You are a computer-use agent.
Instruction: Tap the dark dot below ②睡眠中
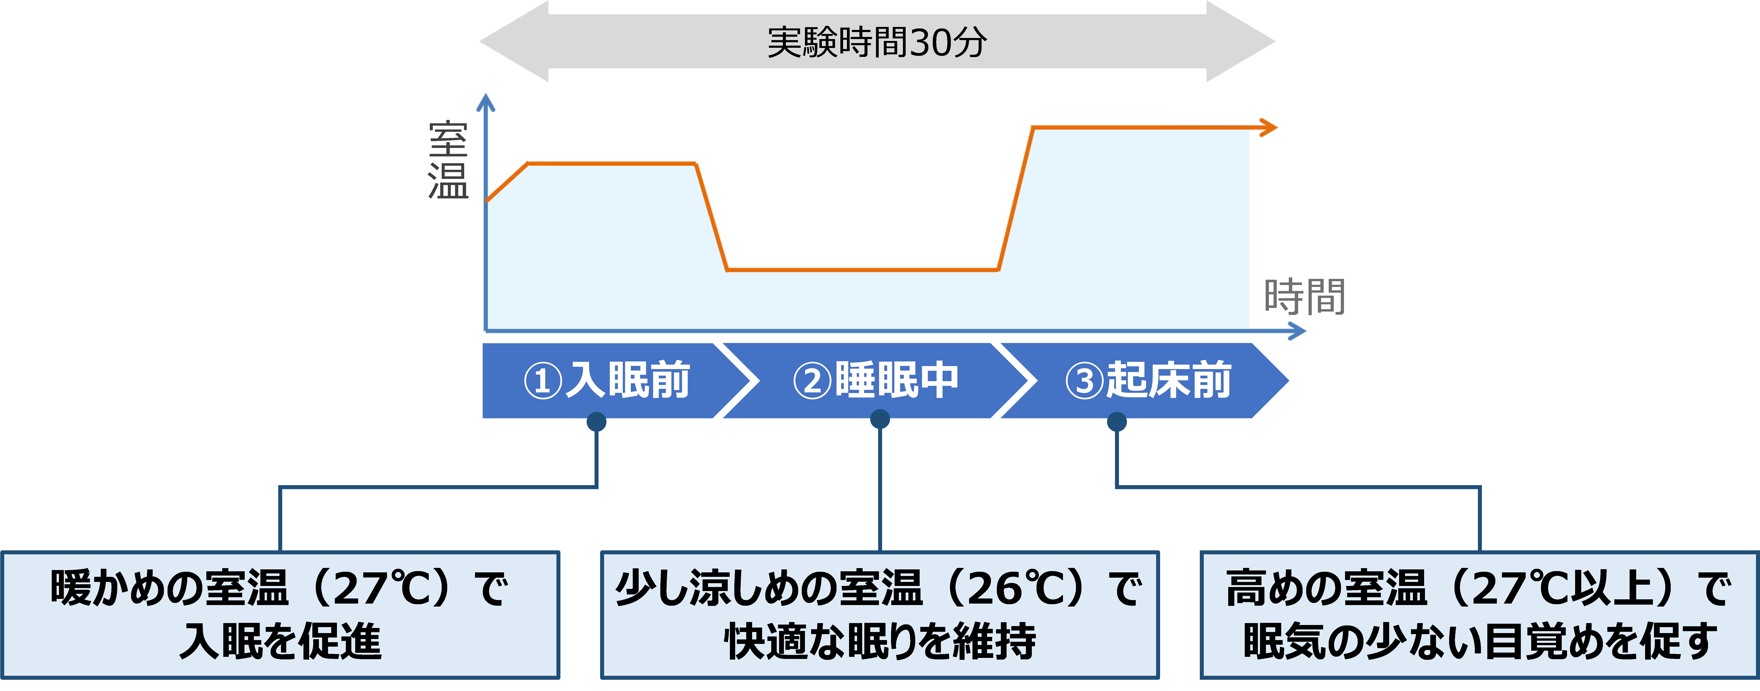point(880,419)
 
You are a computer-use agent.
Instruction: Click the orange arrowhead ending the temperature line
point(1270,127)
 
